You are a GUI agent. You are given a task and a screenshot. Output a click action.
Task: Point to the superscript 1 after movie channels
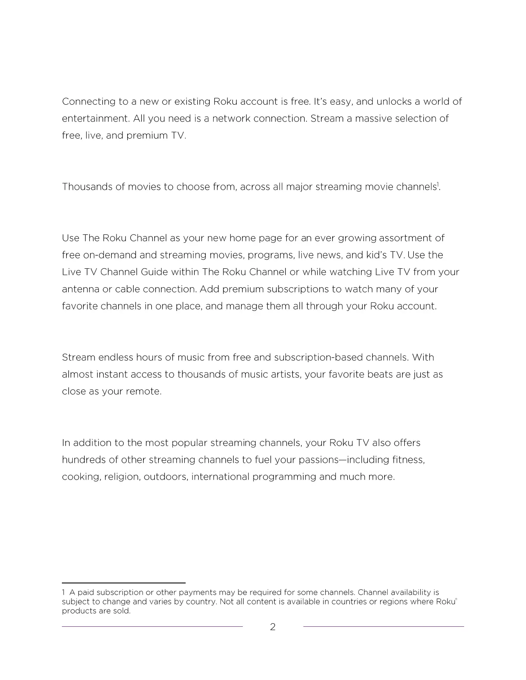click(438, 185)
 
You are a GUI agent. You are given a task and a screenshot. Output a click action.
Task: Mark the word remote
click(143, 392)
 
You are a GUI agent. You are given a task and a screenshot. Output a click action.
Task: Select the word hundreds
click(84, 460)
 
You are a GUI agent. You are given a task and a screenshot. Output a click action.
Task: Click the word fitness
click(408, 460)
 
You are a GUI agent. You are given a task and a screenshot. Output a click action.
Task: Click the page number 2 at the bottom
click(272, 627)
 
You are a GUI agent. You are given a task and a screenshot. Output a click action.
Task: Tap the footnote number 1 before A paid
click(64, 593)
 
